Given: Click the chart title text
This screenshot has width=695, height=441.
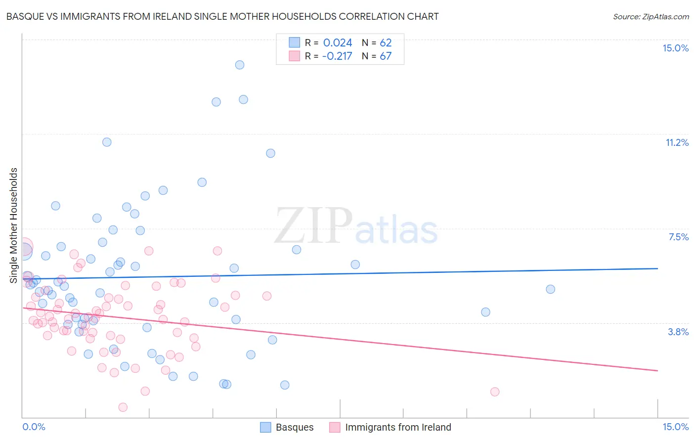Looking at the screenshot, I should (x=222, y=17).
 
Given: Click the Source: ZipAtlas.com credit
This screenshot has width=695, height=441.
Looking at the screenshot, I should (x=651, y=17).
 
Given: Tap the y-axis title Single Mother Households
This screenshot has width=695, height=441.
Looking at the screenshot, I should (x=14, y=225).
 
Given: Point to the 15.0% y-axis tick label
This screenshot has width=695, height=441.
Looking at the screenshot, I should (x=675, y=48).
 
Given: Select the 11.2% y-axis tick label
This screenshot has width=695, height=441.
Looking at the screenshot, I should (x=677, y=143).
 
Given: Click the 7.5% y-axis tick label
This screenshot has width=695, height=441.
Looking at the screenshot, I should (x=678, y=237).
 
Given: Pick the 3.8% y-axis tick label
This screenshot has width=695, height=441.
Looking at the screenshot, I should (x=678, y=332).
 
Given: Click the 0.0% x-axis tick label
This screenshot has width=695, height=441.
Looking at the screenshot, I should (x=34, y=427).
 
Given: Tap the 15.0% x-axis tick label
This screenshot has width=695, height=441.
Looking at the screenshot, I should (x=675, y=427).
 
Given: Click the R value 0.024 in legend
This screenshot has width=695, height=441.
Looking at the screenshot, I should (x=338, y=43).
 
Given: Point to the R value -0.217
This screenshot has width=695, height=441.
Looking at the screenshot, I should (x=337, y=56).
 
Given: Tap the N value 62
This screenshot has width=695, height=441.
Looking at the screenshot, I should (x=386, y=43).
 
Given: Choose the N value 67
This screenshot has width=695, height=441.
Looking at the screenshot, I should (x=386, y=56).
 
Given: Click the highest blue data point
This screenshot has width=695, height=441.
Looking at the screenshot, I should (x=240, y=65).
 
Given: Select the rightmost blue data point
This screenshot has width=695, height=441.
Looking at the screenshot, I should (x=550, y=289).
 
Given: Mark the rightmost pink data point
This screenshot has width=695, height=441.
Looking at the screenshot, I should (x=495, y=392).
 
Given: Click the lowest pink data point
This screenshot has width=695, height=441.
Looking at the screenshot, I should (x=123, y=407).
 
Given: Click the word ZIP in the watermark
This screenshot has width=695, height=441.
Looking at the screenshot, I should (x=313, y=226).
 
